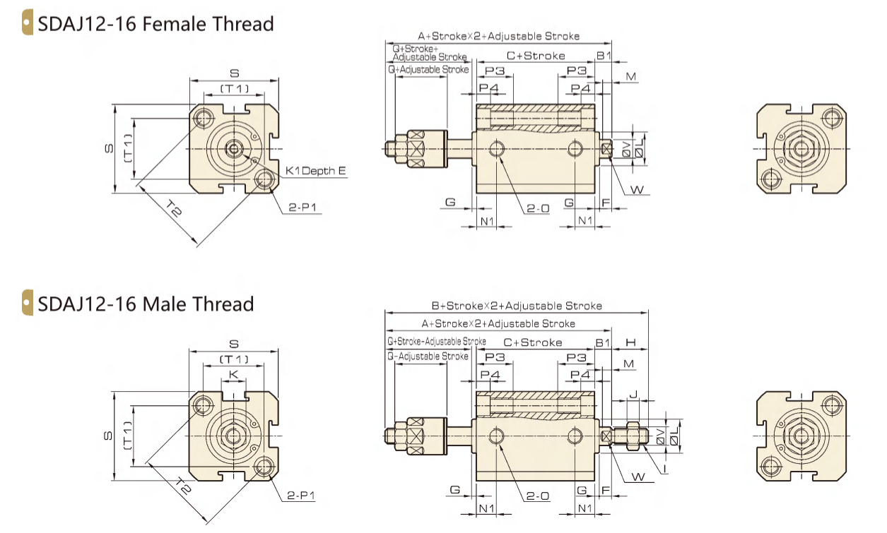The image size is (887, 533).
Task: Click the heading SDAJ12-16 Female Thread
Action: click(x=155, y=24)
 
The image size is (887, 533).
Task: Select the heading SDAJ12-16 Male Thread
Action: click(x=146, y=304)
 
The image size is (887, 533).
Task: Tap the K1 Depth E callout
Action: click(x=316, y=171)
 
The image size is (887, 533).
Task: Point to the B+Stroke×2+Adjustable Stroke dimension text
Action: click(x=517, y=306)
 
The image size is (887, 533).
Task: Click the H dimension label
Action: click(x=631, y=342)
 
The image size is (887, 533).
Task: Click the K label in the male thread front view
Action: click(x=233, y=373)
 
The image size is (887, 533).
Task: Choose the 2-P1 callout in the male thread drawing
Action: click(x=302, y=496)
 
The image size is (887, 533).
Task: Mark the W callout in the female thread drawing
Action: click(x=637, y=189)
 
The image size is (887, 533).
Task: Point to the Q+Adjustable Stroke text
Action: click(x=428, y=70)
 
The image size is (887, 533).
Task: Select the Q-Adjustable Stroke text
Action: click(x=428, y=357)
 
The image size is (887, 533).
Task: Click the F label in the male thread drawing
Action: click(x=606, y=489)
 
